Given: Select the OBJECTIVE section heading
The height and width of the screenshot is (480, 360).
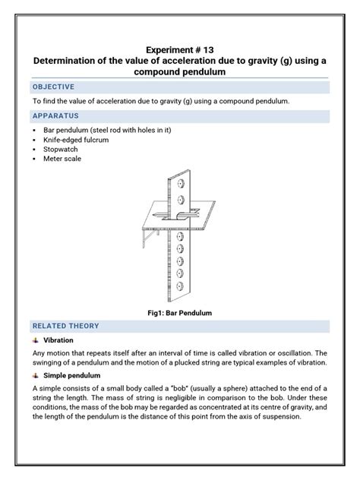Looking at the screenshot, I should pos(53,87).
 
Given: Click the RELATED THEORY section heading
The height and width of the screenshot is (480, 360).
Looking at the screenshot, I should pos(65,326).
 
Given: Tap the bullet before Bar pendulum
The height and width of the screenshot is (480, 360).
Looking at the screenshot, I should pos(35,130).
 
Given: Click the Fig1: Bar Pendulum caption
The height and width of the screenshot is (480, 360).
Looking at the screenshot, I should pos(179,312).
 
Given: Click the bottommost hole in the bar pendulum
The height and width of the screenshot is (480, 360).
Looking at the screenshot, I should pos(181,286).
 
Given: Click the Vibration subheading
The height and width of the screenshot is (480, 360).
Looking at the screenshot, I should pos(58,340).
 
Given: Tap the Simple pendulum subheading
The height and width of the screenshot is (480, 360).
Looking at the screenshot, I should pos(72,375).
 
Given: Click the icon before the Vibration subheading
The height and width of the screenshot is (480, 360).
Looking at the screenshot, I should pos(36,340).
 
